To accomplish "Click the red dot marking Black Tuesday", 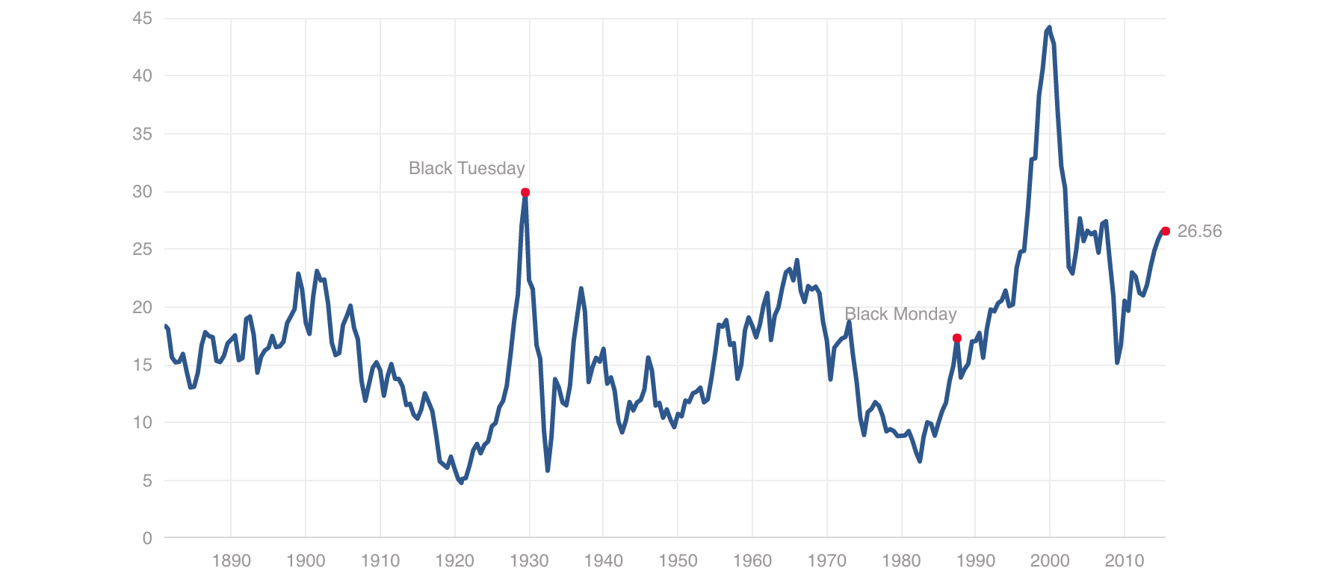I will pos(525,192).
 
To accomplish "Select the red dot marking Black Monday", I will pos(956,338).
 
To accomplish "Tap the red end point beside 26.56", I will pos(1165,231).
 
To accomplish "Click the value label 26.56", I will pos(1199,232).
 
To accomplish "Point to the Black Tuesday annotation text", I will pos(466,168).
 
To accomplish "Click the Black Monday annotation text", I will pos(900,314).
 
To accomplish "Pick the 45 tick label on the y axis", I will pos(142,18).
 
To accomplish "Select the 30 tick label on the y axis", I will pos(142,191).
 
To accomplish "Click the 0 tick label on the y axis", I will pos(147,538).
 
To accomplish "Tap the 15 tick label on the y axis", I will pos(142,365).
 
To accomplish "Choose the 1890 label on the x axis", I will pos(231,561).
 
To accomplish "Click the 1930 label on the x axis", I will pos(529,561).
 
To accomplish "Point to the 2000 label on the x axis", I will pos(1050,561).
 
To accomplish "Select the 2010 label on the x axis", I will pos(1125,561).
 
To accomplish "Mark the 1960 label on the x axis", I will pos(752,561).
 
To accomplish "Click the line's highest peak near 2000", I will pos(1049,28).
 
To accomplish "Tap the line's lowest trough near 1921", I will pos(461,483).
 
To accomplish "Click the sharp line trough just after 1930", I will pos(548,471).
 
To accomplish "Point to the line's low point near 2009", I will pos(1118,362).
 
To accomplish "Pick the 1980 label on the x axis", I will pos(901,561).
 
